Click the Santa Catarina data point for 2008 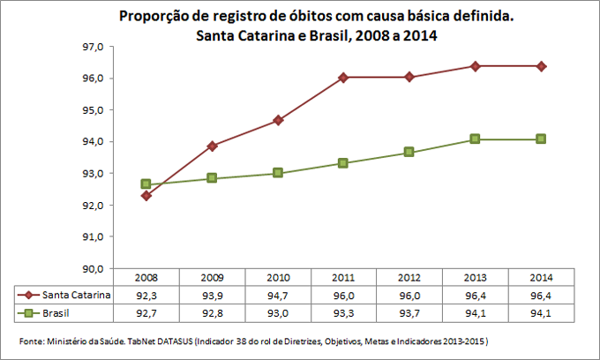click(x=146, y=195)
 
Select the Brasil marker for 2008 click(x=146, y=184)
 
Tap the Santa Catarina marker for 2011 click(x=343, y=78)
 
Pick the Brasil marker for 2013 click(x=475, y=139)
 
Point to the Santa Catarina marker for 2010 click(x=278, y=120)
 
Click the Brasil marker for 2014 click(x=541, y=139)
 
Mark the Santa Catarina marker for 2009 click(x=212, y=146)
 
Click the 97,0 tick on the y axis click(x=93, y=47)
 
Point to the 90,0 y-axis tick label click(x=93, y=268)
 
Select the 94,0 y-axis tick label click(x=93, y=142)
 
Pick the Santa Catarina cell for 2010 click(x=278, y=296)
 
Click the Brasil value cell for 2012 click(x=409, y=312)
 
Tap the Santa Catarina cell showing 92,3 click(x=146, y=296)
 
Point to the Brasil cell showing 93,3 click(x=343, y=312)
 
